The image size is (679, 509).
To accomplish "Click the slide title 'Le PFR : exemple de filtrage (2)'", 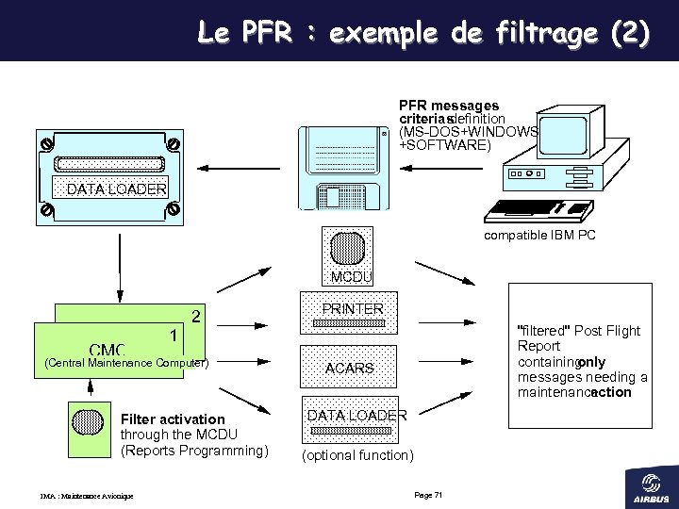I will click(423, 34).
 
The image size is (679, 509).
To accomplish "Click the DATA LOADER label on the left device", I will click(117, 189).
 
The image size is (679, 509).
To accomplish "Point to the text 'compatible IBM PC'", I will click(539, 236).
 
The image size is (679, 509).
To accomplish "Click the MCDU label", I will click(351, 277).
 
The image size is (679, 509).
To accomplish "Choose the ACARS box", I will click(349, 369).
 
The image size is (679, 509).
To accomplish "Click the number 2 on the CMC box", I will click(195, 315).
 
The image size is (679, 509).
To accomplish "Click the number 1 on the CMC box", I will click(174, 335).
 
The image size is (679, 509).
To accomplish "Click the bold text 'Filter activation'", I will click(174, 419).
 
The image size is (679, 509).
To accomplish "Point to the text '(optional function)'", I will click(356, 455).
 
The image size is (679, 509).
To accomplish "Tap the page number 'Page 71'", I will click(428, 495).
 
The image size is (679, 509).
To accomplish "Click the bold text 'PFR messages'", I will click(449, 106).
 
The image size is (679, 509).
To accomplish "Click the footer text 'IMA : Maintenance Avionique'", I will click(86, 496).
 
